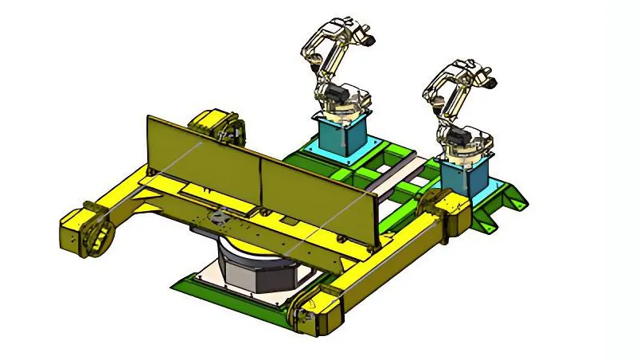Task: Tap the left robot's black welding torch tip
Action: coord(369,36)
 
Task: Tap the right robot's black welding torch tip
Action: coord(493,81)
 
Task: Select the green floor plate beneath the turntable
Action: coord(199,283)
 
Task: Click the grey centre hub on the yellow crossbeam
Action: coord(221,213)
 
